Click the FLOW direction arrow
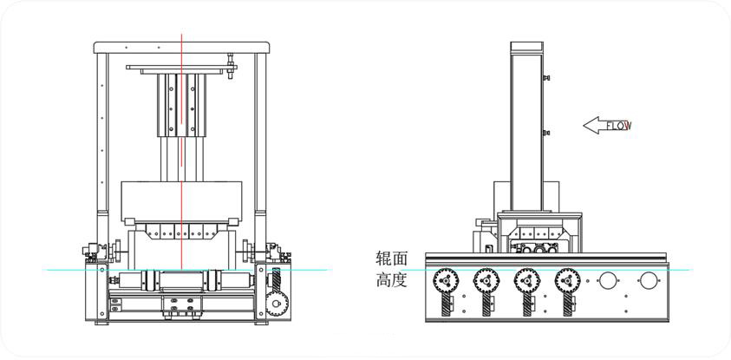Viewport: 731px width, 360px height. click(x=606, y=126)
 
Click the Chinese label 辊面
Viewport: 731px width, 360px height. click(x=391, y=259)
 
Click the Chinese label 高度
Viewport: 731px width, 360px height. click(x=391, y=281)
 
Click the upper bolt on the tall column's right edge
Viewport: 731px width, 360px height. click(x=546, y=79)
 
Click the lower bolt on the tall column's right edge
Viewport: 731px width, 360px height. click(x=546, y=133)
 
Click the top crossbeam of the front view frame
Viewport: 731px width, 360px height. click(x=180, y=47)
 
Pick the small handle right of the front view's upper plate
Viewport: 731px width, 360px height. click(x=231, y=67)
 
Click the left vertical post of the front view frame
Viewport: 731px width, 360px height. click(x=101, y=139)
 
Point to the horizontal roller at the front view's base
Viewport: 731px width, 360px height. click(x=180, y=280)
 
